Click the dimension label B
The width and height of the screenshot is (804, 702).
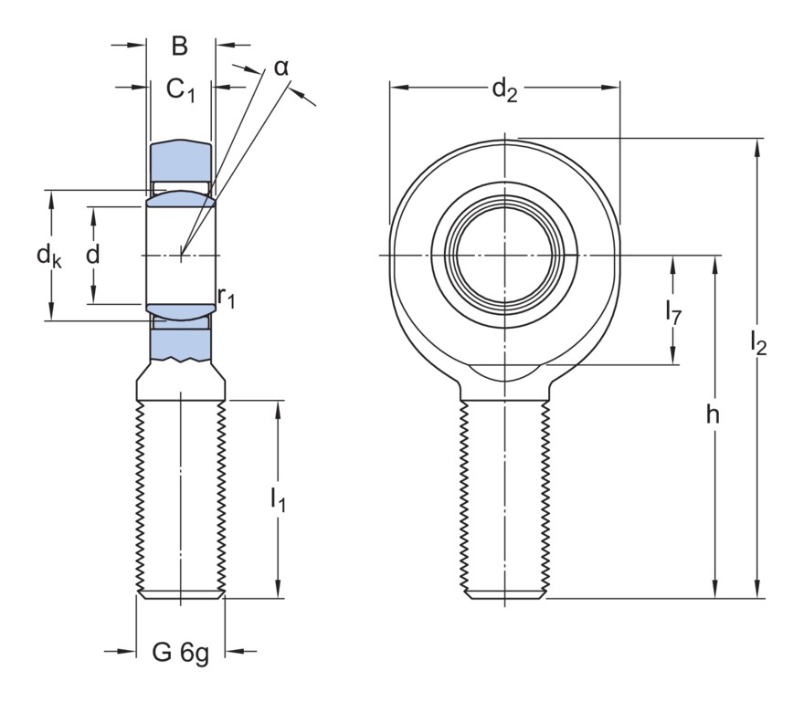tap(179, 47)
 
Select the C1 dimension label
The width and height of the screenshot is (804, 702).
tap(180, 89)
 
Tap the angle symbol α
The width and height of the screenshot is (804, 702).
tap(281, 67)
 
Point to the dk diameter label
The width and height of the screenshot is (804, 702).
tap(49, 257)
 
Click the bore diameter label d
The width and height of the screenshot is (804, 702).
tap(92, 256)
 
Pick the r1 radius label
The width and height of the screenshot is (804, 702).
tap(226, 296)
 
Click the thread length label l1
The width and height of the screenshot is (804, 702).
tap(278, 498)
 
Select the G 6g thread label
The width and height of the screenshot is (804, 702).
tap(180, 653)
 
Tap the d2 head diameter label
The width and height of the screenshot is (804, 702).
tap(504, 89)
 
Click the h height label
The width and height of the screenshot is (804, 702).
tap(713, 415)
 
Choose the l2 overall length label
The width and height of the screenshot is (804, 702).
tap(757, 342)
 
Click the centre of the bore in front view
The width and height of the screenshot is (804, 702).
tap(504, 255)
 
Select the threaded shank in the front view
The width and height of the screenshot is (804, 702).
tap(504, 498)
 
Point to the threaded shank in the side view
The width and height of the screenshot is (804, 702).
tap(180, 498)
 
